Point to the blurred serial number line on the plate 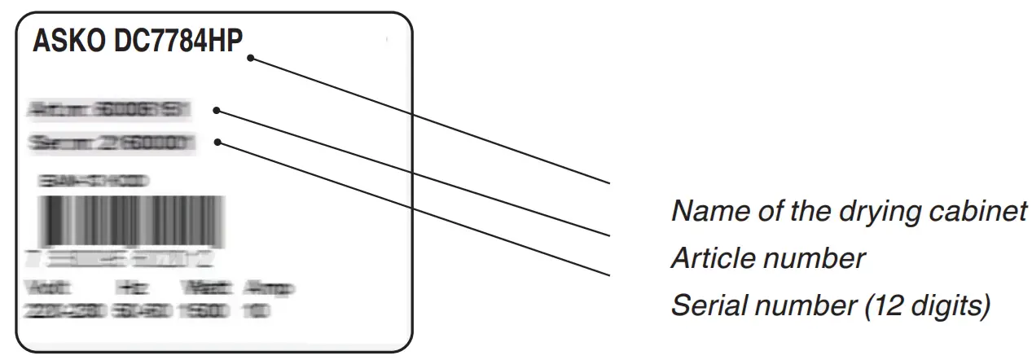click(112, 143)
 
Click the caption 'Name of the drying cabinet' click(847, 212)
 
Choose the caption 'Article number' click(766, 259)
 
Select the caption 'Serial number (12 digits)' click(829, 306)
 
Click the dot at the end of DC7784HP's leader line click(252, 58)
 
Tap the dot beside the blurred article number click(217, 109)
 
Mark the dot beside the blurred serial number click(218, 143)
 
